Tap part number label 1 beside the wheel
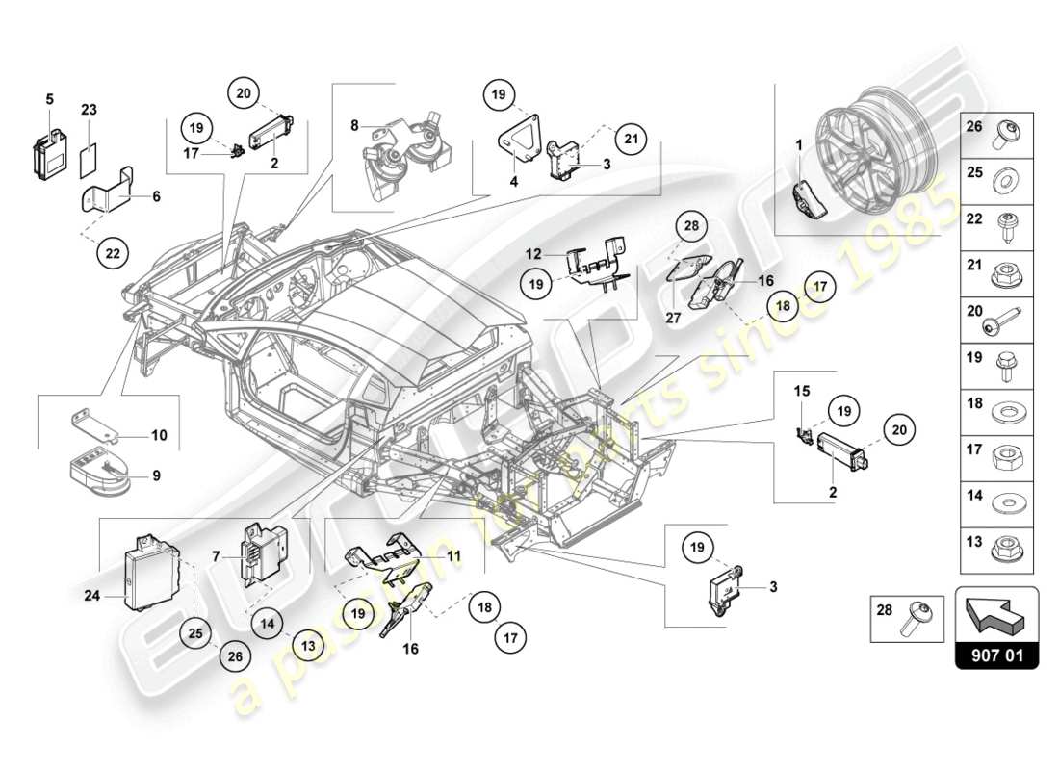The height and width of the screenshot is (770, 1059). click(798, 144)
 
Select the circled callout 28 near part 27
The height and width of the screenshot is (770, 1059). click(691, 227)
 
